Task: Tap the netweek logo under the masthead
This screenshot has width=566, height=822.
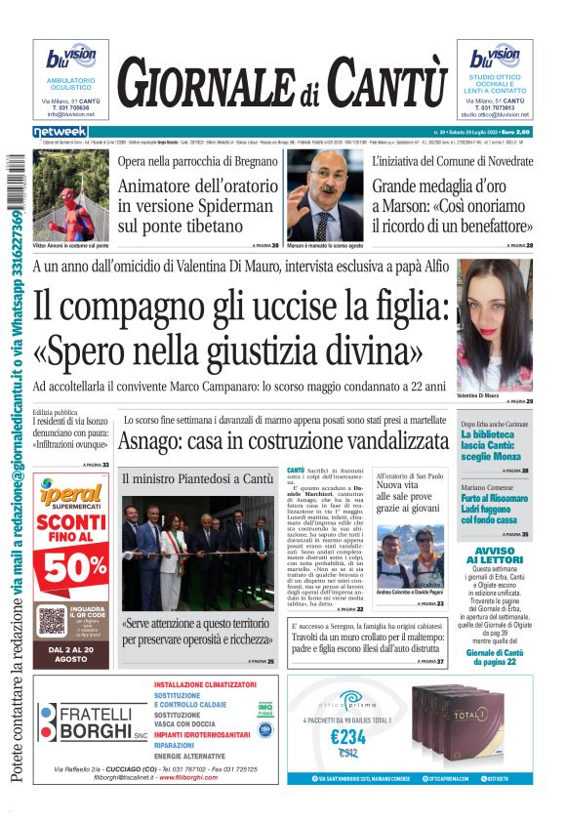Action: tap(61, 132)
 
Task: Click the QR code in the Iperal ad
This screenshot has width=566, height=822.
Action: tap(52, 620)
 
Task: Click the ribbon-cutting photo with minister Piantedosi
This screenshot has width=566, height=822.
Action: tap(198, 552)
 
